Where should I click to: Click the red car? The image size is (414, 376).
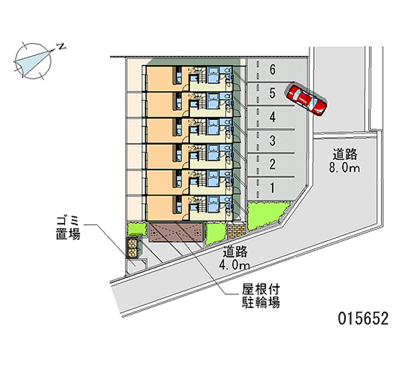[307, 98]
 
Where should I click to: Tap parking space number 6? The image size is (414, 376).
[272, 69]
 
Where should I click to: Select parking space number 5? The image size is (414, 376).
[272, 93]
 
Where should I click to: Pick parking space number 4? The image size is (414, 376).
[272, 117]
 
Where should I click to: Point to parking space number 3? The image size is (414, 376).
[272, 141]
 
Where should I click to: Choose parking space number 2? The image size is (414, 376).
[272, 164]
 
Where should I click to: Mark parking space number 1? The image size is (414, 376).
[272, 188]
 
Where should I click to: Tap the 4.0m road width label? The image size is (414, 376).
[235, 259]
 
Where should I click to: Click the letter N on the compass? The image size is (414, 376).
[61, 47]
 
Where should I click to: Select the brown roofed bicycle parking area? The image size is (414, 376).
[175, 232]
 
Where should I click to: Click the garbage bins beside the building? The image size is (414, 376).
[134, 248]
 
